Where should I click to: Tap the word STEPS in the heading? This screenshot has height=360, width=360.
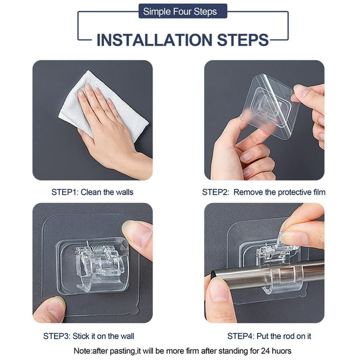(242, 40)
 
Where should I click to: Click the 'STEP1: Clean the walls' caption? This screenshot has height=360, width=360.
(92, 192)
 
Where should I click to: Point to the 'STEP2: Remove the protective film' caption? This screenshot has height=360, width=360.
(264, 192)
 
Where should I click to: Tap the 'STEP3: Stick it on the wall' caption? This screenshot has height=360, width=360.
(89, 336)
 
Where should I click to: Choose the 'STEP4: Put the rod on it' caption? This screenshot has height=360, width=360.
(269, 336)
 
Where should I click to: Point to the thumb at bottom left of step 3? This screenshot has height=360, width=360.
(49, 310)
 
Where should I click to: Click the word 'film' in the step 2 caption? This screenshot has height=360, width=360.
(319, 192)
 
